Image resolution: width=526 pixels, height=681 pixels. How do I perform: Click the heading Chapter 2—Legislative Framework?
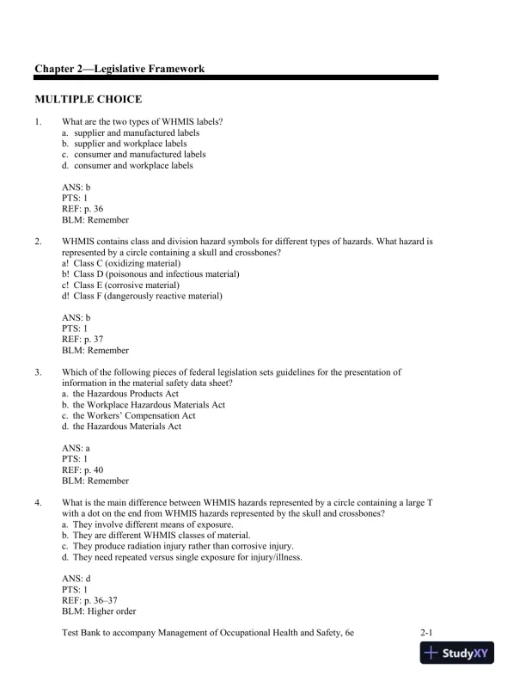tap(119, 68)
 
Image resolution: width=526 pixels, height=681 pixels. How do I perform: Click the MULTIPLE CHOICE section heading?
tap(88, 100)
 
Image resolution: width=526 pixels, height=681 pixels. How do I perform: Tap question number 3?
tap(39, 372)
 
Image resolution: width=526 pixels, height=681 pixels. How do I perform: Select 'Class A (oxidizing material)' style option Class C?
tap(126, 263)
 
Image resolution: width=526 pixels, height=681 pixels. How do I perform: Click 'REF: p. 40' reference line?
tap(83, 470)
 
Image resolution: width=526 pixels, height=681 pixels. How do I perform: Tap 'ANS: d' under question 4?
tap(76, 579)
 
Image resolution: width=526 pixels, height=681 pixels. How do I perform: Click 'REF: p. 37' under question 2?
tap(83, 340)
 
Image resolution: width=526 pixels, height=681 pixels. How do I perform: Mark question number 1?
tap(39, 122)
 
